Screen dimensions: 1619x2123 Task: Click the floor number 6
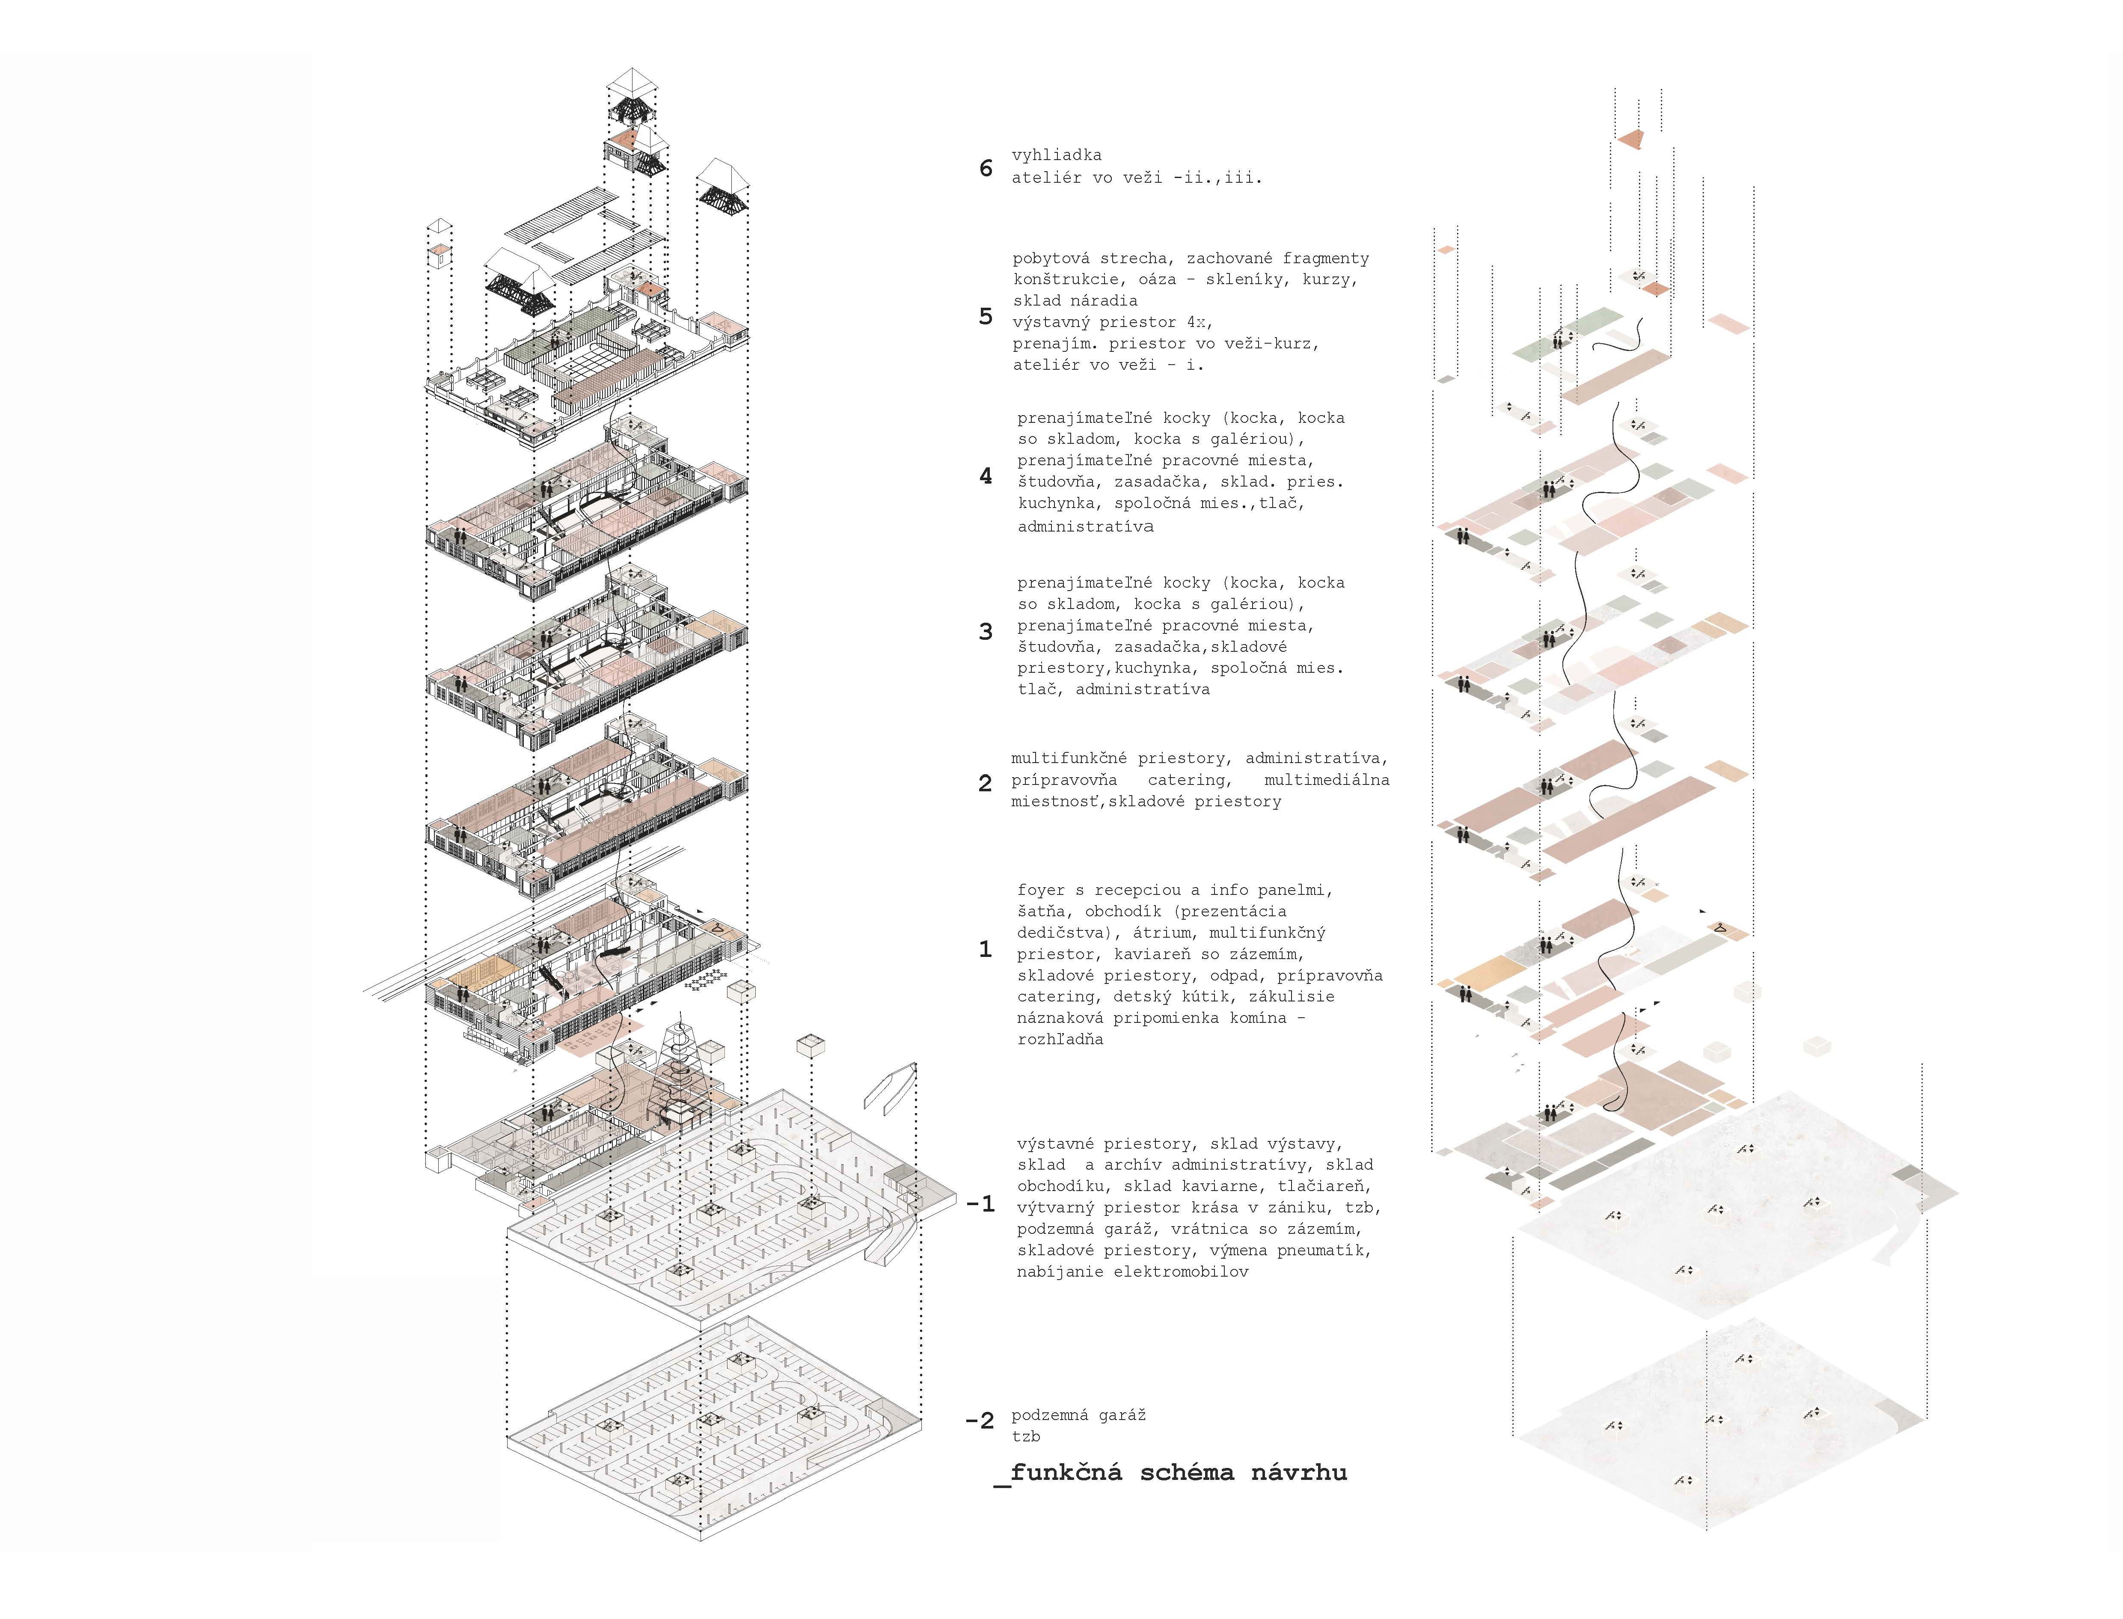tap(985, 169)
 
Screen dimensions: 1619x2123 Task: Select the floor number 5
tap(985, 317)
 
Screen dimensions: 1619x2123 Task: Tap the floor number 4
tap(985, 476)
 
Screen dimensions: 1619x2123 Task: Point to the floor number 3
tap(985, 632)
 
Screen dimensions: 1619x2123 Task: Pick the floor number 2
tap(985, 784)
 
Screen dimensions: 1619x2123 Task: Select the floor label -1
tap(980, 1205)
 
